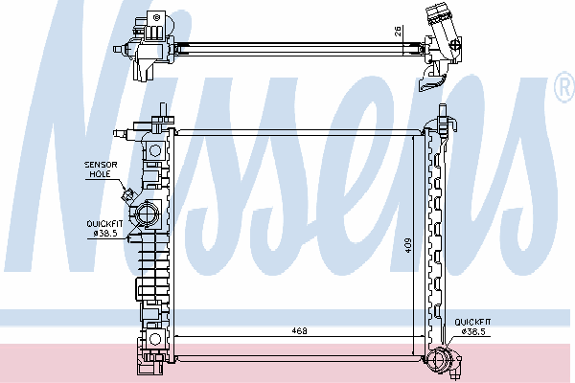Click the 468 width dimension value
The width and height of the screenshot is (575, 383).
[299, 330]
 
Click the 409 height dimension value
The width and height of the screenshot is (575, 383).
[408, 245]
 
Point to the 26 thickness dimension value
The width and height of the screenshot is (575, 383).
[399, 32]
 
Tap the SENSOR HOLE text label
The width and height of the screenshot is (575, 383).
[101, 169]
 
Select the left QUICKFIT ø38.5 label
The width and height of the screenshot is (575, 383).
[104, 229]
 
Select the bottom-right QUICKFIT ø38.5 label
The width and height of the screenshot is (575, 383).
[472, 327]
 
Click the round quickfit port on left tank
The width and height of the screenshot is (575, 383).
[147, 214]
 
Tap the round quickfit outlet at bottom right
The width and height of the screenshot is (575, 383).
[439, 360]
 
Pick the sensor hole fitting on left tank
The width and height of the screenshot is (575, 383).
[128, 195]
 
